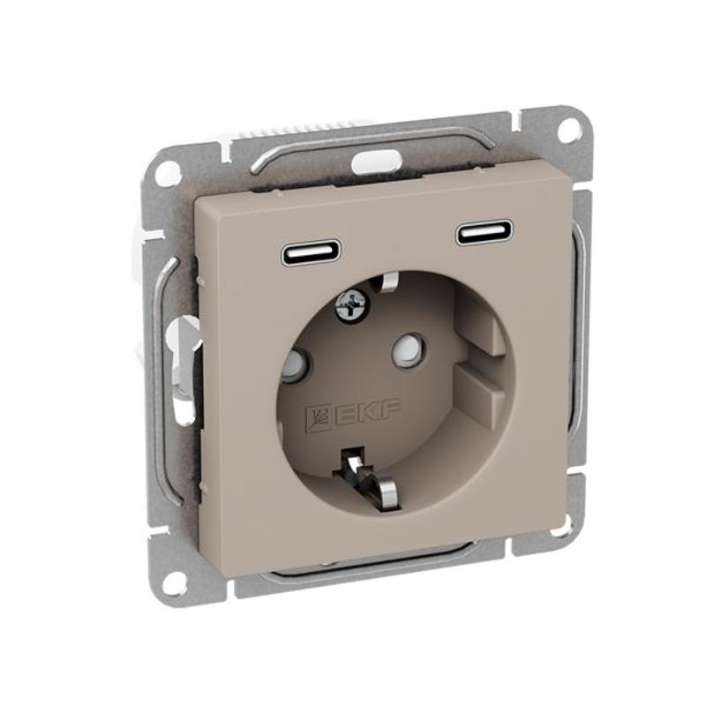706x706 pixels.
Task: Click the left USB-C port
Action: click(312, 253)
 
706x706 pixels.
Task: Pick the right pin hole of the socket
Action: click(408, 348)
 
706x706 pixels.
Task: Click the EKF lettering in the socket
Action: click(365, 411)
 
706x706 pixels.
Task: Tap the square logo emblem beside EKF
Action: click(317, 417)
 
